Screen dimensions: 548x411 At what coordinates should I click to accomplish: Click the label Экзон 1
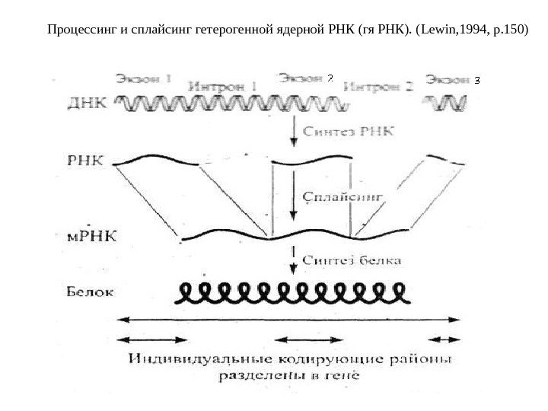(144, 78)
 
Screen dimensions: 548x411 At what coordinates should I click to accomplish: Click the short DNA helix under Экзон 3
(446, 102)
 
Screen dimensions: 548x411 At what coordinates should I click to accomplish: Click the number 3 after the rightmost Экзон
(476, 79)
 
